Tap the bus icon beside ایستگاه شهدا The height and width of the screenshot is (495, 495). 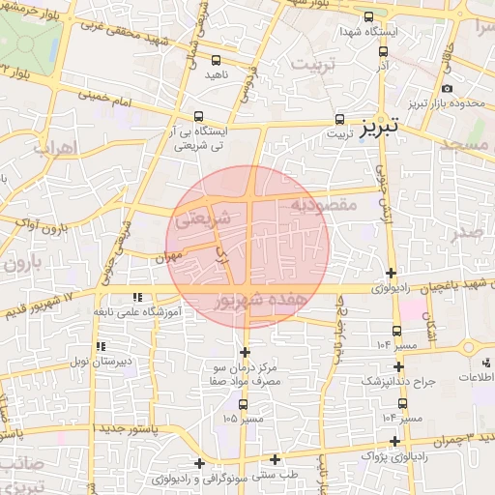[x=368, y=17]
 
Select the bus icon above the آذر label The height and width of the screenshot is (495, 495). [x=384, y=52]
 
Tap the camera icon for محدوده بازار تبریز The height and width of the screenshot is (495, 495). [x=447, y=89]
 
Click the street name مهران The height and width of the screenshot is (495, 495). [x=167, y=258]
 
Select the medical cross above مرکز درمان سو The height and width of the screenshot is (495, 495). [x=245, y=352]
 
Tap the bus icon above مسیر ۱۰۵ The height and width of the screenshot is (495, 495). [x=242, y=405]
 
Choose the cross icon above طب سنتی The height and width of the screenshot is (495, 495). [x=276, y=460]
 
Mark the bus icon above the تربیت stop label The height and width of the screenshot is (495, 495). [x=337, y=117]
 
